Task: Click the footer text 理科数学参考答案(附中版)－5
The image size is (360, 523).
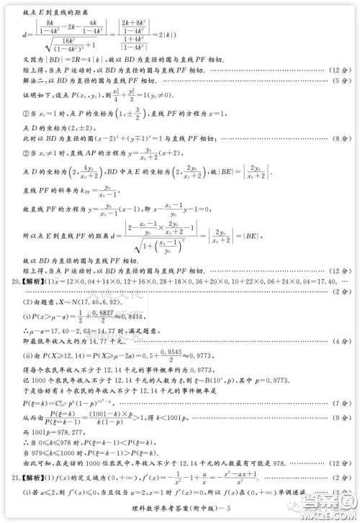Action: (185, 513)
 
